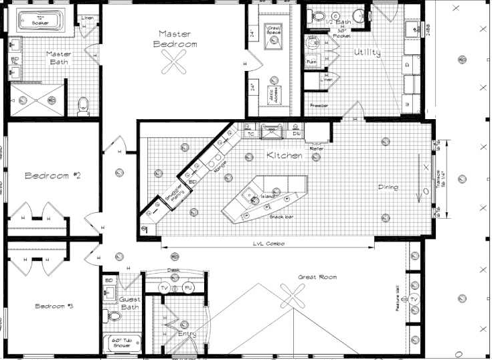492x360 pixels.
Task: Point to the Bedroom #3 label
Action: click(x=53, y=306)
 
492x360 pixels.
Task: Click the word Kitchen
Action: click(x=284, y=155)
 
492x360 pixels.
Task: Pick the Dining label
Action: click(x=388, y=187)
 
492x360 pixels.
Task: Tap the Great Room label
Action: click(x=317, y=276)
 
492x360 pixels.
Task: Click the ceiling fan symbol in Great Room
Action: click(x=292, y=294)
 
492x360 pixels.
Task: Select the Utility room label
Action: click(x=367, y=52)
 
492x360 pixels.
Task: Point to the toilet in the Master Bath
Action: click(x=84, y=105)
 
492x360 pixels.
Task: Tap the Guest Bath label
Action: click(x=130, y=303)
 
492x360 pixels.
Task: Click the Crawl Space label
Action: click(x=274, y=31)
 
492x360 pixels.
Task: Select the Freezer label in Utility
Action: click(x=319, y=105)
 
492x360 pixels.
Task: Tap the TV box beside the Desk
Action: click(x=165, y=288)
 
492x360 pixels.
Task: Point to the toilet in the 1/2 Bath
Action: click(x=319, y=15)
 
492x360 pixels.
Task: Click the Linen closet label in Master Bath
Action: click(x=87, y=17)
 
